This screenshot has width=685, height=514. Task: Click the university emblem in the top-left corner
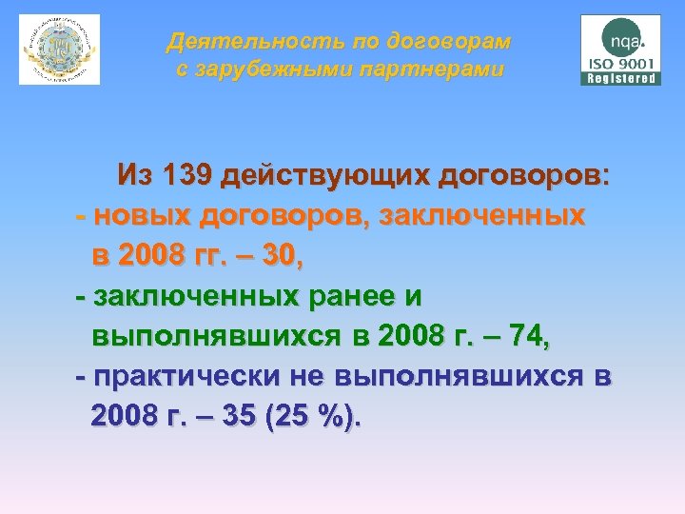tap(60, 49)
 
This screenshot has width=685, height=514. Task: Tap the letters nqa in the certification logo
tap(622, 41)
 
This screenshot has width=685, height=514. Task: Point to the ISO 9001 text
tap(620, 64)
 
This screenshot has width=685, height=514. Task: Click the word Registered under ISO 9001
tap(620, 79)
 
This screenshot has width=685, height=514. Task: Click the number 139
tap(186, 176)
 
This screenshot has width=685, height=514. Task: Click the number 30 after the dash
tap(281, 257)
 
